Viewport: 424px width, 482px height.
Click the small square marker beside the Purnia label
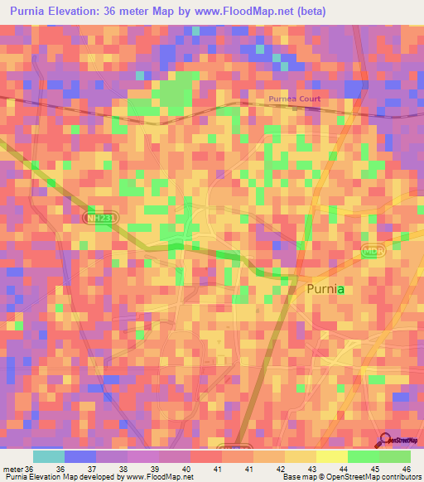coord(292,289)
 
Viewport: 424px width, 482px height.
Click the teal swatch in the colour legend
coord(48,456)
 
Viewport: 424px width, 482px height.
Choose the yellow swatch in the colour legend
coord(331,456)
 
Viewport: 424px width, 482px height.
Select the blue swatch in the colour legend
coord(79,456)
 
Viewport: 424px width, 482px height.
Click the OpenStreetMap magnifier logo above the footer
coord(385,441)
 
